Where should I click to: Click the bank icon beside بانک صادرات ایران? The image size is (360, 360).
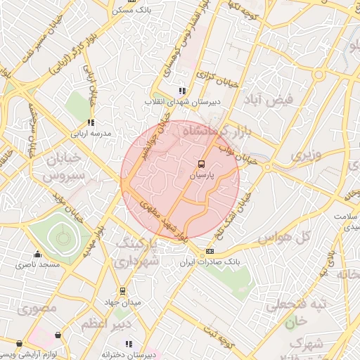(210, 252)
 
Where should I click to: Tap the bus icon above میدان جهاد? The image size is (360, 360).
(122, 290)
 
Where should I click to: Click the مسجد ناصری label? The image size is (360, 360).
(40, 264)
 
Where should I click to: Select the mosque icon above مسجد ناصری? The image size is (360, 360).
(37, 254)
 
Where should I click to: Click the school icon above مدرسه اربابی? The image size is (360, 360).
(91, 123)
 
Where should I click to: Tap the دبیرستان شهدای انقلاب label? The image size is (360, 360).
(184, 101)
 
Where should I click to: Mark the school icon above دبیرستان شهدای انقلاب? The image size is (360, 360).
(183, 91)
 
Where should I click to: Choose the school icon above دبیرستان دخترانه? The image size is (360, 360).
(129, 344)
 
